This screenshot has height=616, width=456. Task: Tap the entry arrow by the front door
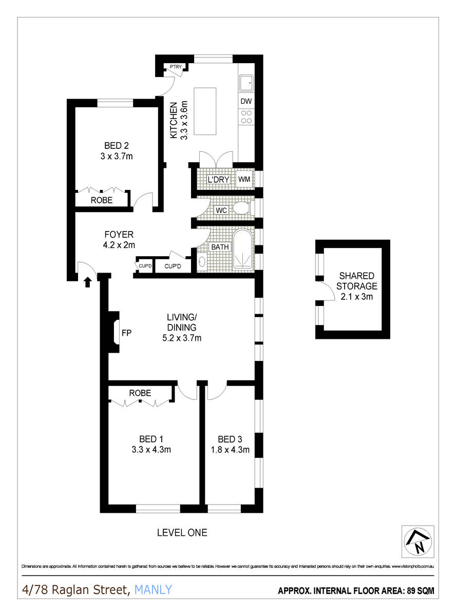pyautogui.click(x=87, y=281)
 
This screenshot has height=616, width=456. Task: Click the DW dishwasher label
pyautogui.click(x=246, y=101)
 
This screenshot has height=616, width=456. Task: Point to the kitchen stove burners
pyautogui.click(x=246, y=117)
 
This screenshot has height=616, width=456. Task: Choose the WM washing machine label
pyautogui.click(x=244, y=180)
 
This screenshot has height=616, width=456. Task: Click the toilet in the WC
pyautogui.click(x=239, y=208)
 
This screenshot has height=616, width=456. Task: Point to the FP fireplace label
pyautogui.click(x=126, y=333)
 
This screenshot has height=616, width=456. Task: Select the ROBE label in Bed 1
pyautogui.click(x=140, y=393)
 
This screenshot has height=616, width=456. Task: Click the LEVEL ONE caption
pyautogui.click(x=182, y=533)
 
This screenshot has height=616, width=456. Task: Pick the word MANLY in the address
pyautogui.click(x=153, y=590)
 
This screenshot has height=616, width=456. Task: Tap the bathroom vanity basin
pyautogui.click(x=201, y=262)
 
